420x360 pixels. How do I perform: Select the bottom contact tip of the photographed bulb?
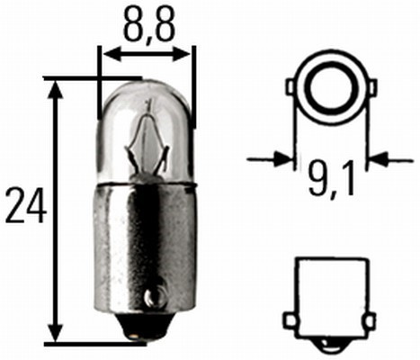click(138, 336)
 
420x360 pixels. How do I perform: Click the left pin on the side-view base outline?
click(290, 320)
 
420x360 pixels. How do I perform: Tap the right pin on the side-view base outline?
click(367, 320)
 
